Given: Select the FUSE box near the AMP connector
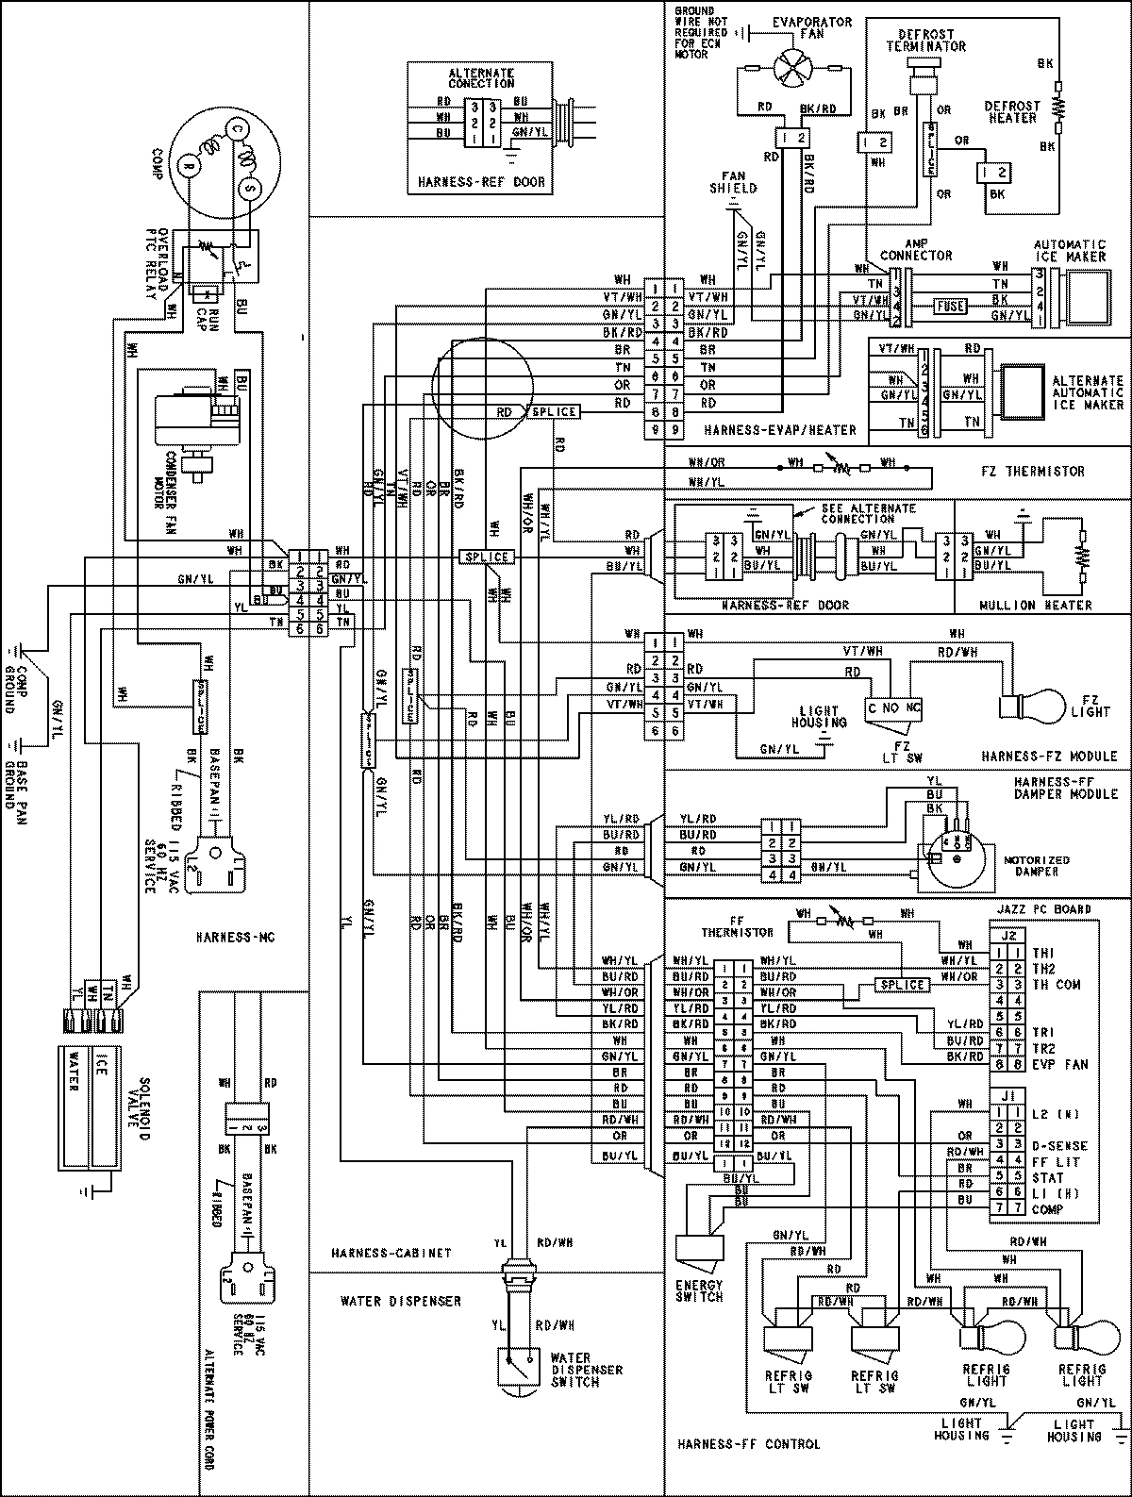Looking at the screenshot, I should [948, 305].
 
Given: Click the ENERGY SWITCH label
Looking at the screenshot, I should [699, 1290].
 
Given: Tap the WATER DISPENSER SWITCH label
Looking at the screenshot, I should [586, 1370].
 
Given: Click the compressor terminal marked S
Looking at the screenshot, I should [250, 189].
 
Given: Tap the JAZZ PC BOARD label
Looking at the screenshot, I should [1043, 909].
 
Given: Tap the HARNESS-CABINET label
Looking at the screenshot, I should [391, 1254].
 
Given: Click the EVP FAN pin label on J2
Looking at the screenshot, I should [1060, 1064].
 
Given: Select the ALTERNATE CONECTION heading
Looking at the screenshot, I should [481, 77].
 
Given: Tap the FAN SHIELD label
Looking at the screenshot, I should [733, 182].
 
